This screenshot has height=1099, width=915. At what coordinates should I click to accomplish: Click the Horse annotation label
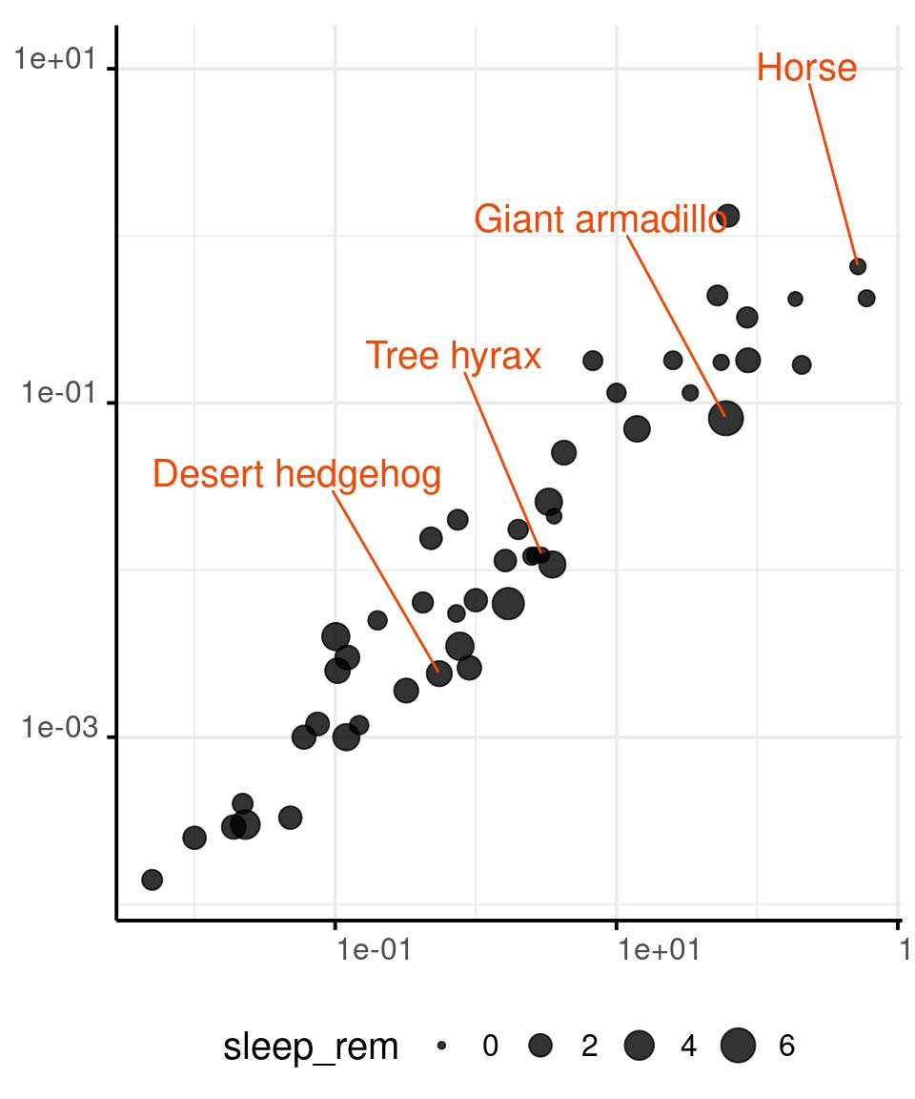[806, 68]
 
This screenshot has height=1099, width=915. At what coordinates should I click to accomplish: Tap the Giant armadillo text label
[600, 218]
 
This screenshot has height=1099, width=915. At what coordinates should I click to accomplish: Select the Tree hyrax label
[454, 355]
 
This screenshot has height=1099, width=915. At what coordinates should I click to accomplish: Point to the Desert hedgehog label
[296, 474]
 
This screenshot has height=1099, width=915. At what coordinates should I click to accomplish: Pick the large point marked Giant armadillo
[726, 418]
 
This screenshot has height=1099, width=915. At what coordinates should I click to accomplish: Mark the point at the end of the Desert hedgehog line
[438, 673]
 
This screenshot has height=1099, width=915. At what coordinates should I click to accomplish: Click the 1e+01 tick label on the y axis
[56, 60]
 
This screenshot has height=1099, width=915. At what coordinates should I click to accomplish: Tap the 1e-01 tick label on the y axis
[60, 393]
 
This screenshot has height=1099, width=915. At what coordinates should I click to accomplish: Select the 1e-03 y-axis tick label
[60, 728]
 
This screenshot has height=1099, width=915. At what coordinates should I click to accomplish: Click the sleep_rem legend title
[311, 1047]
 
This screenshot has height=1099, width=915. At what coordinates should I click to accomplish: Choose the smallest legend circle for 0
[441, 1047]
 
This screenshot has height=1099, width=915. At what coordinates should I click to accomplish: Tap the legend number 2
[589, 1047]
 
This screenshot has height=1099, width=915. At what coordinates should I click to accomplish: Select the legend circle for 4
[640, 1047]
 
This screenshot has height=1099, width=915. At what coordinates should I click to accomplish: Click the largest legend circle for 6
[738, 1047]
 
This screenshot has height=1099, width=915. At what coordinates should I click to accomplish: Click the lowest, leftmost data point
[152, 880]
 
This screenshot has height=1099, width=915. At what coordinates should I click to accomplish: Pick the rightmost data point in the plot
[866, 299]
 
